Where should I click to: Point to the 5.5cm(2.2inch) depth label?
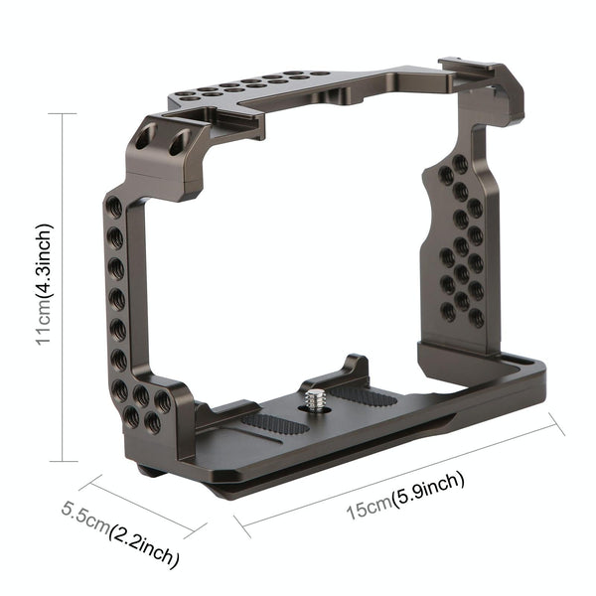click(120, 533)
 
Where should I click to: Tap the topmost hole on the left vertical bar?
click(116, 208)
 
